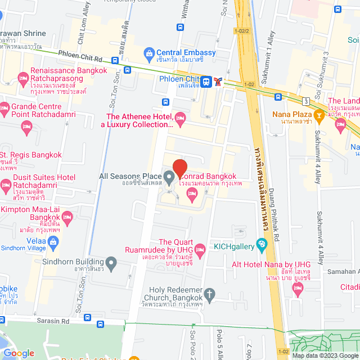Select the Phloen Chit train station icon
207,82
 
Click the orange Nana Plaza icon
319,116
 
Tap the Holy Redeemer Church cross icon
210,294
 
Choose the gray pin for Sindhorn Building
111,262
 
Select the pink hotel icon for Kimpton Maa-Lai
67,216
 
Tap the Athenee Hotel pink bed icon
180,117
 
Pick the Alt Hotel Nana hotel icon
298,290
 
